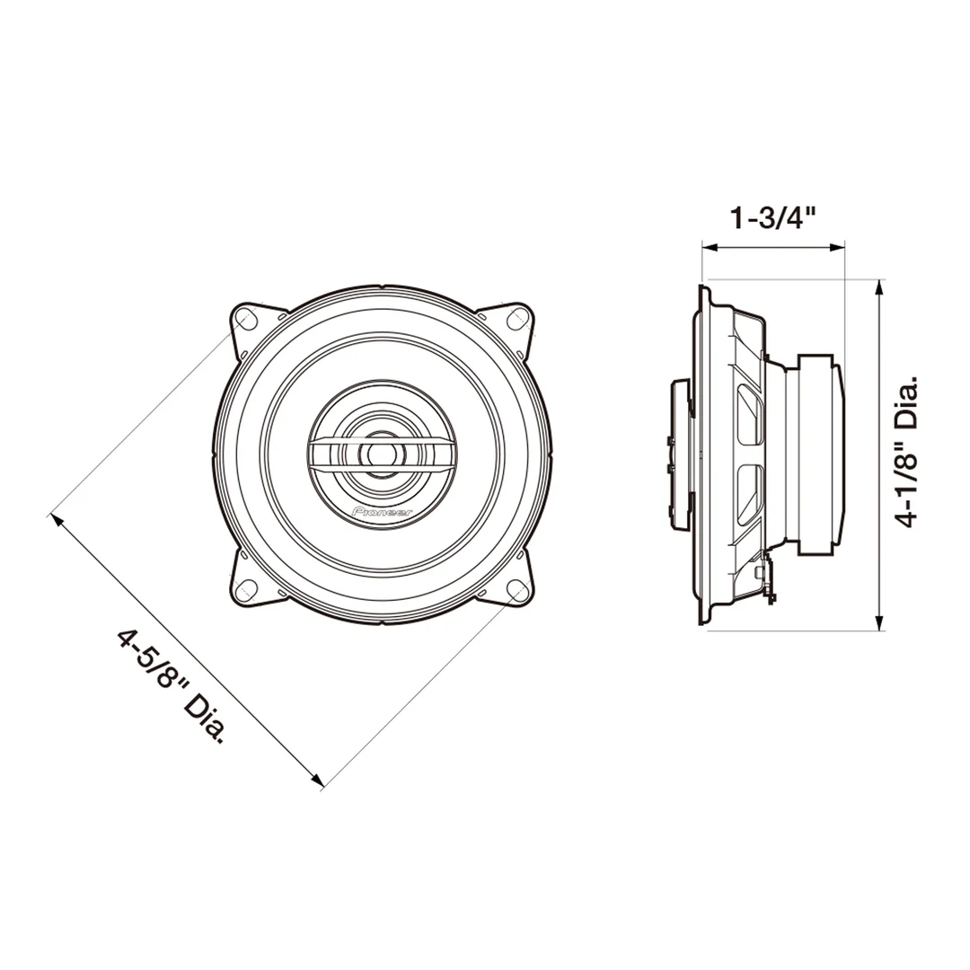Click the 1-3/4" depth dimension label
click(x=773, y=217)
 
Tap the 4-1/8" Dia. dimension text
click(x=907, y=451)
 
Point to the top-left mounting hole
click(x=245, y=319)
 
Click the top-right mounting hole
click(x=516, y=319)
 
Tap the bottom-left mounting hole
click(x=245, y=589)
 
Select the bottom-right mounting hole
click(x=516, y=589)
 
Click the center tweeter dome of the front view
click(x=381, y=453)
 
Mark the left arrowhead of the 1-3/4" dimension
click(x=710, y=248)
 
